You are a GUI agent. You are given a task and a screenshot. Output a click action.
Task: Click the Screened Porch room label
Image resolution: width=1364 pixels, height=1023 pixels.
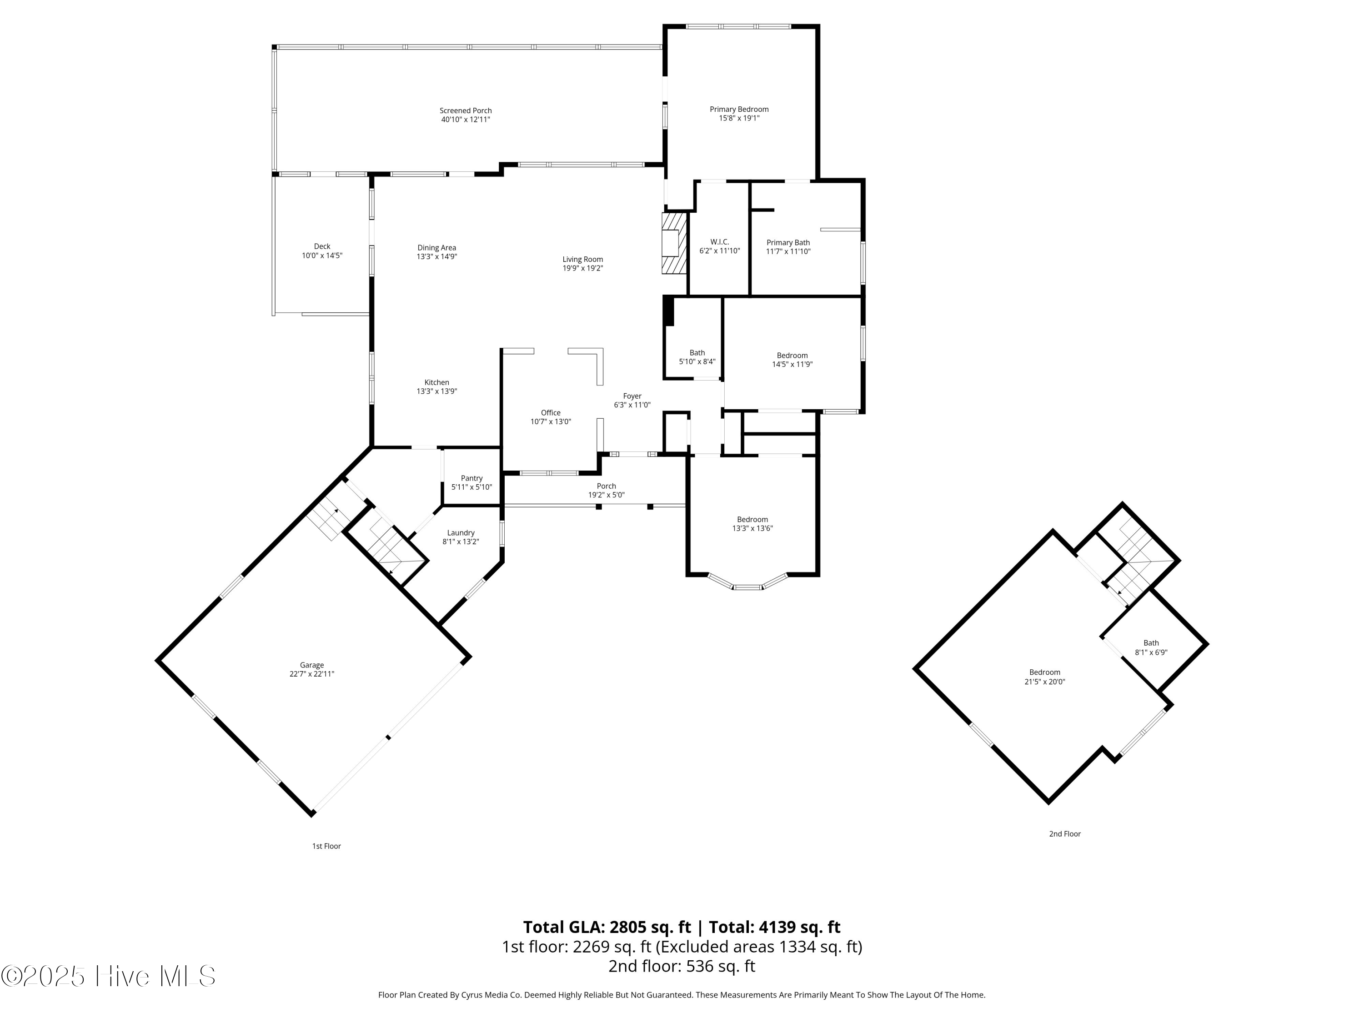(x=466, y=111)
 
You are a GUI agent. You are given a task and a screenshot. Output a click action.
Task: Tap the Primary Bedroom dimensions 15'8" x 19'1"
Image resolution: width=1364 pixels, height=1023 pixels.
(x=739, y=118)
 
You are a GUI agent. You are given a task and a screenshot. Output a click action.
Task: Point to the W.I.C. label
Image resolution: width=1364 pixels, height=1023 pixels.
(x=720, y=242)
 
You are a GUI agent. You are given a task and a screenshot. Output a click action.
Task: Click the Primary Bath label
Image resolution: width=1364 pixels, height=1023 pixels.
(x=788, y=243)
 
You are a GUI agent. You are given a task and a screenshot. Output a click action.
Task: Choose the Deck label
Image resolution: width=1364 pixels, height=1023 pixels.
(x=322, y=246)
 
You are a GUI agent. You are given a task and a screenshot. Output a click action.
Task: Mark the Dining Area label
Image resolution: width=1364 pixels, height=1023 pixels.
(x=436, y=248)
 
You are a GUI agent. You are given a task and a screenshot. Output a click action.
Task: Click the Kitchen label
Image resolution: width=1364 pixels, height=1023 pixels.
(x=436, y=382)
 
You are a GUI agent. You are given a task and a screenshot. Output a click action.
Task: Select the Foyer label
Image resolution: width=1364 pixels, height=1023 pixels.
(x=632, y=396)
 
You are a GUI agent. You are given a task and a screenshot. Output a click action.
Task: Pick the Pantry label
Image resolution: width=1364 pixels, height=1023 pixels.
(x=472, y=478)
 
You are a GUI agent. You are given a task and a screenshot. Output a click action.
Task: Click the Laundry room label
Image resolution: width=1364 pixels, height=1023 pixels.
(x=461, y=533)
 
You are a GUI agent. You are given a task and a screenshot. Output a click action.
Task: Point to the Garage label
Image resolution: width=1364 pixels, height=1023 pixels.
(x=312, y=665)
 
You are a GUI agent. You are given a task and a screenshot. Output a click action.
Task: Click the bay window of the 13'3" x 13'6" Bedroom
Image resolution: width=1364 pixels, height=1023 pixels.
(x=747, y=583)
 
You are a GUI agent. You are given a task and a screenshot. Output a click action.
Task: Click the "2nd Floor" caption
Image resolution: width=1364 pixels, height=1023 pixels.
(x=1065, y=834)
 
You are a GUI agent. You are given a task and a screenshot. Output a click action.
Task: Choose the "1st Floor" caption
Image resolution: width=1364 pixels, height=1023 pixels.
(x=326, y=846)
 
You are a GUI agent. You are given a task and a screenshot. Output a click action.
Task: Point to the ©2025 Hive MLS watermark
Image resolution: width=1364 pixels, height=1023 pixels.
(x=109, y=976)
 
